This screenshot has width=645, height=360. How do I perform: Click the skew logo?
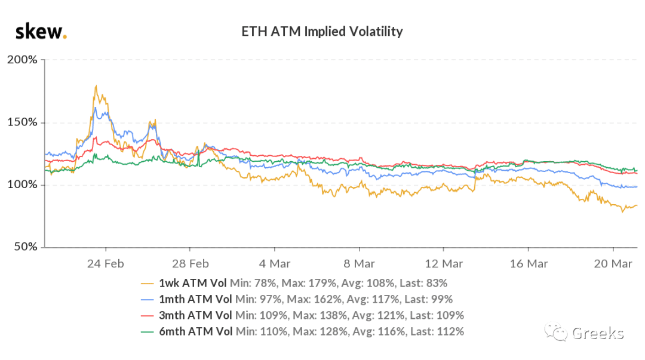[41, 32]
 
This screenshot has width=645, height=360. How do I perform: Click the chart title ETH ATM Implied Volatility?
[322, 32]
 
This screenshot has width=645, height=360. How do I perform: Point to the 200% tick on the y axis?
[22, 60]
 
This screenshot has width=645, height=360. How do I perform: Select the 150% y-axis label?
[22, 122]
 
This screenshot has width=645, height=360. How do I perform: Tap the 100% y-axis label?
[22, 184]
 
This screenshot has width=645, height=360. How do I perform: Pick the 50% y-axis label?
[26, 247]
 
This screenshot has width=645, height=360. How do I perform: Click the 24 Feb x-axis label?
[106, 264]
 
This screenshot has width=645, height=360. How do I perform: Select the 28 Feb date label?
[191, 264]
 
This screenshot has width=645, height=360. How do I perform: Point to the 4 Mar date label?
[275, 264]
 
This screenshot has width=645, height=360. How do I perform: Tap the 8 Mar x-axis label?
[359, 264]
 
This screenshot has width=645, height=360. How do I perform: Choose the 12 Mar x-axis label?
[444, 264]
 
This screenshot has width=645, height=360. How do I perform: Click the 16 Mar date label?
[529, 264]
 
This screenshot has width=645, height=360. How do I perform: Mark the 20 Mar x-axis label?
[613, 264]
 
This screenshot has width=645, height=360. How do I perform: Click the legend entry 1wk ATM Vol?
[192, 284]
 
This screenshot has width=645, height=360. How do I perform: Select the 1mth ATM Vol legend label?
[195, 300]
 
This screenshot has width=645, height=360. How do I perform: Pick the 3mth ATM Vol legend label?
[195, 316]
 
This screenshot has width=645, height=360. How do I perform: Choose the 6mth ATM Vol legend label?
[196, 331]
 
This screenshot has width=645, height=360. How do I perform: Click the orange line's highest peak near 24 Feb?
[96, 85]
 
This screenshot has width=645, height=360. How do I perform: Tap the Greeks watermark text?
[598, 333]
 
